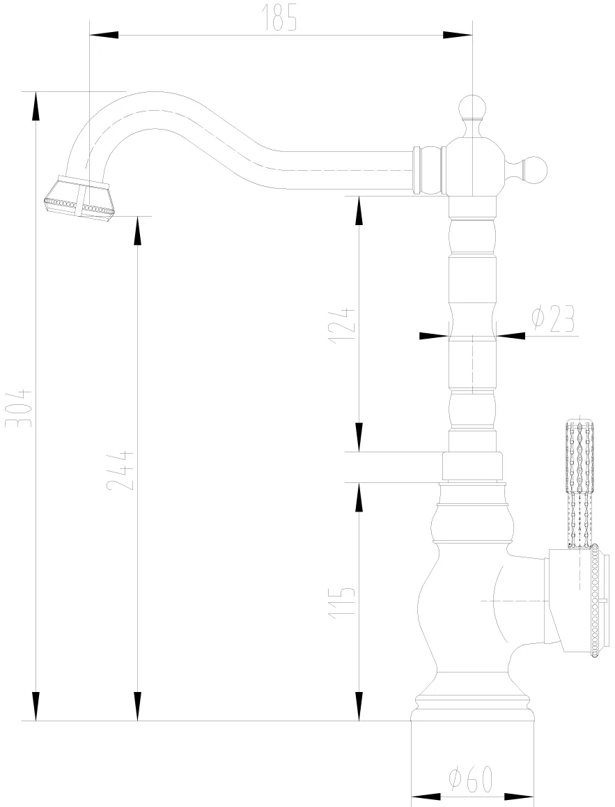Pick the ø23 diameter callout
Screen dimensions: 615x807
coord(552,319)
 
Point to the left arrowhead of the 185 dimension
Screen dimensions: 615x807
coord(104,35)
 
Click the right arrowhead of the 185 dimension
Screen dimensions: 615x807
coord(458,35)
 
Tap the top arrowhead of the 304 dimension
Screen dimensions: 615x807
coord(36,107)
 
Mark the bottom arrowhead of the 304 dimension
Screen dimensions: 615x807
coord(36,706)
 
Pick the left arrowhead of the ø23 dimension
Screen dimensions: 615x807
coord(433,336)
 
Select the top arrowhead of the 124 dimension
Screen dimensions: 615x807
coord(359,211)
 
